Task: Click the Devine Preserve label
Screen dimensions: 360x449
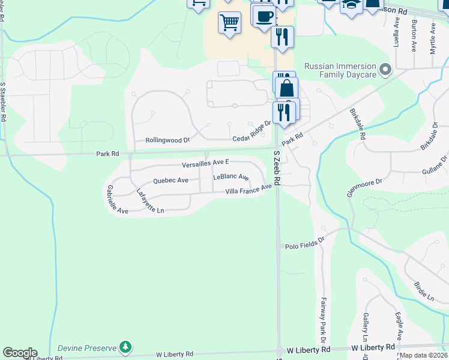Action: (87, 348)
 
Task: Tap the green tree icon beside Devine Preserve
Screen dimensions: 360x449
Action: (125, 347)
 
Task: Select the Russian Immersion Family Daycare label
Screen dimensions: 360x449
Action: (340, 71)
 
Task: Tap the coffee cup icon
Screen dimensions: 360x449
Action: (264, 17)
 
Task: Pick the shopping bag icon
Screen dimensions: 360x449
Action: (287, 88)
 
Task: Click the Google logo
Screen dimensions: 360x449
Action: (20, 353)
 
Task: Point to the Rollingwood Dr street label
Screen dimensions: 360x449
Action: (167, 140)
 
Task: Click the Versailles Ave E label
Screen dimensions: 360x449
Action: (206, 163)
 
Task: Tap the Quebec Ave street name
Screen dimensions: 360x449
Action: (170, 180)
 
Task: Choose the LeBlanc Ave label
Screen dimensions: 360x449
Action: (231, 178)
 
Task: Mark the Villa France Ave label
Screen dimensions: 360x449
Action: (249, 190)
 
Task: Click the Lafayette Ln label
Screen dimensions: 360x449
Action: (149, 202)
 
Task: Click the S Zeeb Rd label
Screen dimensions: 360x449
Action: (277, 167)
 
